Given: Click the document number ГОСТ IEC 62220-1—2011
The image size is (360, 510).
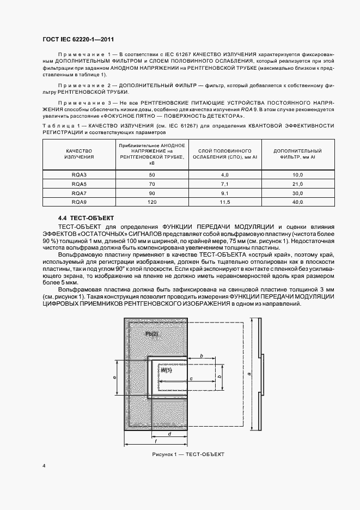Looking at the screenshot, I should point(77,39).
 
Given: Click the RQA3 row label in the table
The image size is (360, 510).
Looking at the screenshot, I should point(80,174).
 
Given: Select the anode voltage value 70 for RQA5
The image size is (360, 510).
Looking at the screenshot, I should point(152,184).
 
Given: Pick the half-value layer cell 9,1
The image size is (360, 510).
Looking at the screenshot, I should point(224,193).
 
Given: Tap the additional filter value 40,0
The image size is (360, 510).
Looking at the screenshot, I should point(297,203).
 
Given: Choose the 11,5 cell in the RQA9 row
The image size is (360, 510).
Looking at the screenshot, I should point(224,203).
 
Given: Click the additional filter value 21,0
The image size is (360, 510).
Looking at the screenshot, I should point(297,184).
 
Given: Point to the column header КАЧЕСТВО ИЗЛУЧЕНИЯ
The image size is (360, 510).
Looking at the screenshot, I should point(80,154).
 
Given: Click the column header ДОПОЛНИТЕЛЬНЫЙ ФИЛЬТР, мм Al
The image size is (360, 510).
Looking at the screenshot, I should point(297,154).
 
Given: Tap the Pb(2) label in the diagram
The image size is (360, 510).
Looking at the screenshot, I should point(152,333).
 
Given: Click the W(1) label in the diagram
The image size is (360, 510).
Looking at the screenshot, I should point(166,370).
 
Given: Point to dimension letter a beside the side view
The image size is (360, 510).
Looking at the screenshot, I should point(249,374).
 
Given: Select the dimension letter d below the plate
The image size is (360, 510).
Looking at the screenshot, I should point(169,434).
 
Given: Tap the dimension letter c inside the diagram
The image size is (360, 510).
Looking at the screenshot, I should point(191,378).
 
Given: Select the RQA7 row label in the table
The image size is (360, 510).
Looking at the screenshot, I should point(80,193).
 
